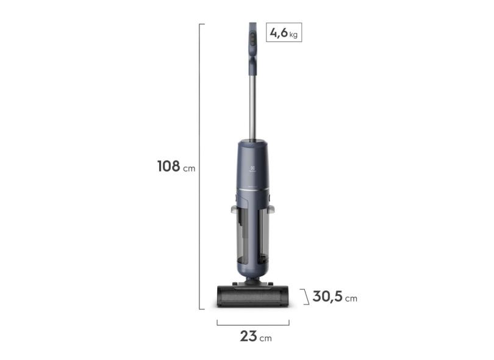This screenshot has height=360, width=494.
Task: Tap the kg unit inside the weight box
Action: (293, 34)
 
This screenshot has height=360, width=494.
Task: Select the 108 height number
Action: (168, 166)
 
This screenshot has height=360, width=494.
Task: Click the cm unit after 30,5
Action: (351, 299)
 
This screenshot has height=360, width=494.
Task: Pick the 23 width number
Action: (248, 336)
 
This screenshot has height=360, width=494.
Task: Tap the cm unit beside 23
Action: (265, 338)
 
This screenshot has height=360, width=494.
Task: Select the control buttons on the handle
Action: (251, 41)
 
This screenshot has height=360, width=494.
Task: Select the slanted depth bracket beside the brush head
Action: (305, 297)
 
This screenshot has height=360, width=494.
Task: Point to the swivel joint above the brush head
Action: (252, 281)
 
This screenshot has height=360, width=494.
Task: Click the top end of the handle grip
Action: (252, 26)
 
